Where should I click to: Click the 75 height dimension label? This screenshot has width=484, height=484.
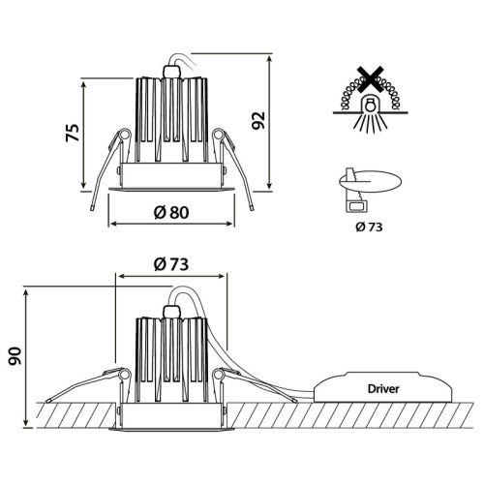[73, 133]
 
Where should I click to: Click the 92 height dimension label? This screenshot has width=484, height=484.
[258, 120]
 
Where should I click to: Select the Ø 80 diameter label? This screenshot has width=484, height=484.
[171, 213]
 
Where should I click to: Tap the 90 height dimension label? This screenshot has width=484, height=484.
[15, 356]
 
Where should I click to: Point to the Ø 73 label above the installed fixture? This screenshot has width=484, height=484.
[171, 264]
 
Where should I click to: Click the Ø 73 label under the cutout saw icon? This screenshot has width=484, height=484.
[369, 227]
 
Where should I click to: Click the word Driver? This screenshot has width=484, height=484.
[383, 389]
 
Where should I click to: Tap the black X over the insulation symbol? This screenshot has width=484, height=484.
[370, 79]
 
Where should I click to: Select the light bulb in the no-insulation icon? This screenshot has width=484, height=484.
[370, 105]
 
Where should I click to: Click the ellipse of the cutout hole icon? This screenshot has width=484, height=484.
[370, 181]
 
